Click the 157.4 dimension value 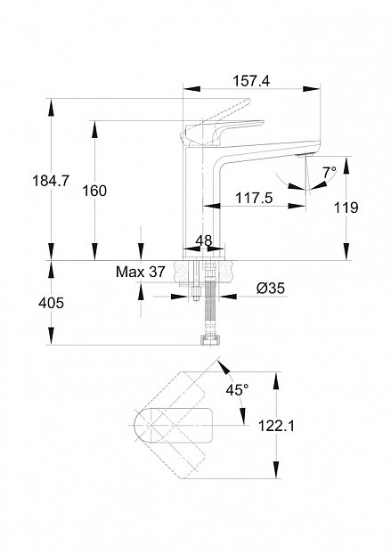251,81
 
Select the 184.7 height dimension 51,181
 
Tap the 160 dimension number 94,191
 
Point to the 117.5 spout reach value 254,198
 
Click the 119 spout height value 346,208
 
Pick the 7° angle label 330,173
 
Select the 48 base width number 204,240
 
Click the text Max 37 141,272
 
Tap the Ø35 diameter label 271,289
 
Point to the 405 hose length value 52,303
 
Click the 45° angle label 237,390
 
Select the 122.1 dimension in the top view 276,426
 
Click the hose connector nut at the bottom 209,339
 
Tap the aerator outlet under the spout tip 305,155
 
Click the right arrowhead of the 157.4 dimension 311,89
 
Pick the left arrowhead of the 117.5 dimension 212,206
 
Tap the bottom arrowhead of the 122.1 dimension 276,469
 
